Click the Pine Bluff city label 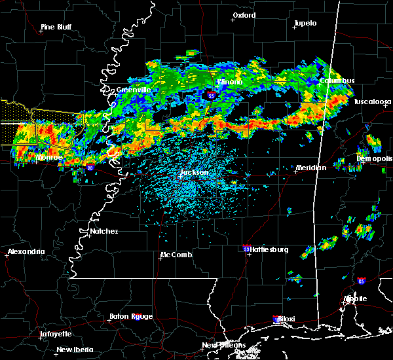tap(56, 27)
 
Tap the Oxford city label tap(244, 15)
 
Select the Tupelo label tap(305, 23)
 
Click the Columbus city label tap(337, 81)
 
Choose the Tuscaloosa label tap(373, 102)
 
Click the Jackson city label tap(194, 173)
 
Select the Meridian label tap(310, 168)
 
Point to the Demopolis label tap(375, 159)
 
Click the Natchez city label tap(104, 231)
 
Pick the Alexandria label tap(26, 251)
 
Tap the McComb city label tap(176, 255)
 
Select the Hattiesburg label tap(270, 249)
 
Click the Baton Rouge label tap(133, 316)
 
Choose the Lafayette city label tap(56, 334)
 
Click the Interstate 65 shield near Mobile tap(361, 281)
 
